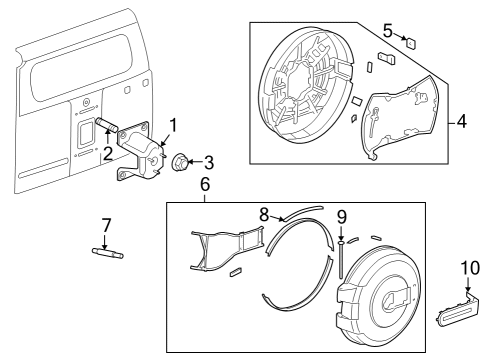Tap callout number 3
(x=208, y=161)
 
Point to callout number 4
(x=462, y=124)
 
